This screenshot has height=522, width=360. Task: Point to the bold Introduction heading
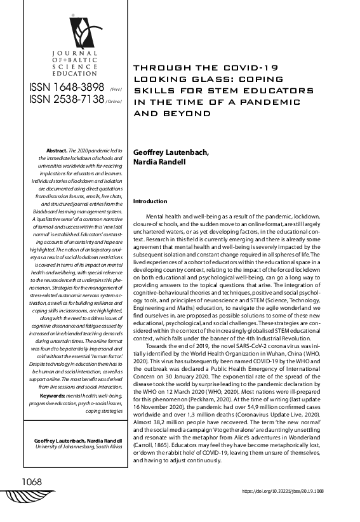(150, 201)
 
